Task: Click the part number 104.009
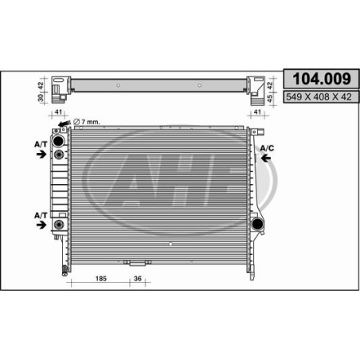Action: [322, 79]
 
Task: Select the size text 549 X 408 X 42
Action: [319, 97]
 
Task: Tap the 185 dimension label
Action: [101, 279]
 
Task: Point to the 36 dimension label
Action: [138, 279]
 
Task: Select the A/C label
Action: [267, 148]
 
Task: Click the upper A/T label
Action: [41, 144]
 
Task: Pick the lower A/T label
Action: [41, 215]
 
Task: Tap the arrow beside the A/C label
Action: [266, 158]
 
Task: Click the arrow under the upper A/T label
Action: [41, 154]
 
